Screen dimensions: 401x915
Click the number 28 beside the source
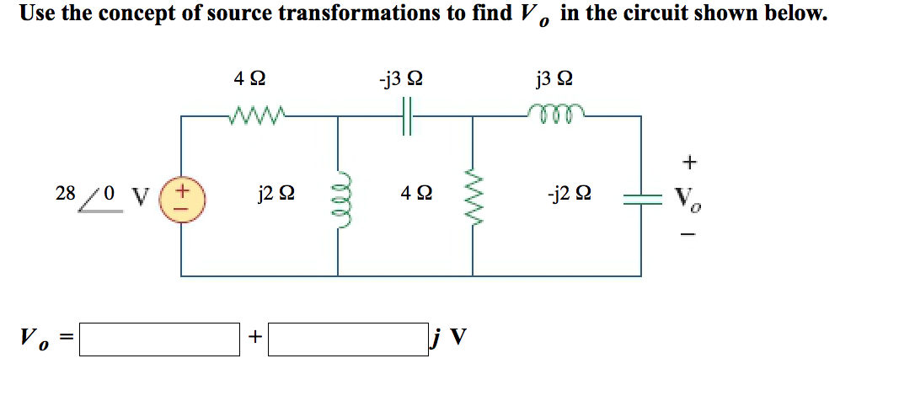pos(65,193)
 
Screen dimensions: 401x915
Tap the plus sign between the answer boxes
pos(254,338)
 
